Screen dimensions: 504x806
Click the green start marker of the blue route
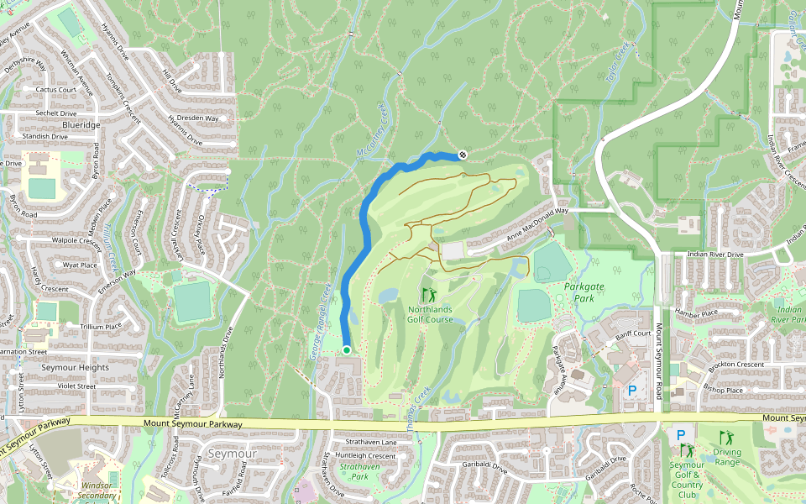(347, 350)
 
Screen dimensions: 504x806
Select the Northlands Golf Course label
(430, 314)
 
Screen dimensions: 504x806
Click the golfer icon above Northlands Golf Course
(430, 295)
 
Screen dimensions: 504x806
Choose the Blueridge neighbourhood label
(81, 124)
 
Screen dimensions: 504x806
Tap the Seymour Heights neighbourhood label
(75, 368)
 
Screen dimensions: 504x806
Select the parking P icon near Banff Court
(632, 390)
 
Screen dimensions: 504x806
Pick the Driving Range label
(727, 457)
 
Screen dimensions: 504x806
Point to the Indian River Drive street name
(714, 254)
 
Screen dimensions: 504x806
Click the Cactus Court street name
(56, 89)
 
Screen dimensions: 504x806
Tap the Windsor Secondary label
(98, 491)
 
